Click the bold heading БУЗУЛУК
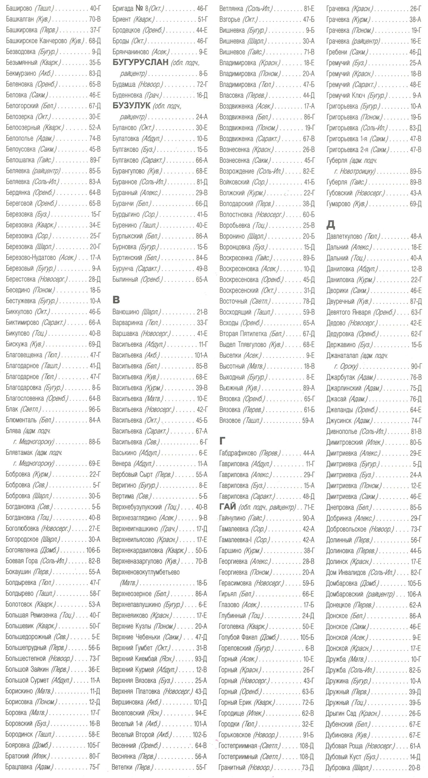131,106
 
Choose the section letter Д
331,224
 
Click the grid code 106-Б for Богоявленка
93,550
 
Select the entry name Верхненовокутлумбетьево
146,572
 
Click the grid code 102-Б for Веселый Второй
200,734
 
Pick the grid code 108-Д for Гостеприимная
306,746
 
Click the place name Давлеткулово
344,237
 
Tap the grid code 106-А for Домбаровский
414,594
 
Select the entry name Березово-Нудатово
31,258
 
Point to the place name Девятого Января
348,312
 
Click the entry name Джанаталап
342,356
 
